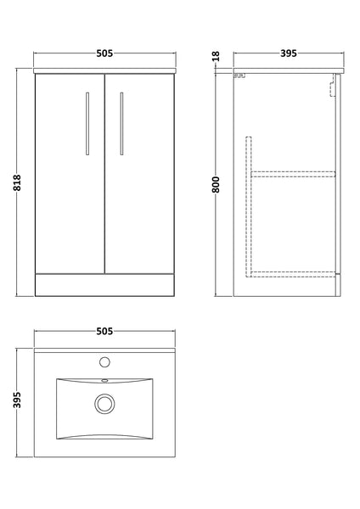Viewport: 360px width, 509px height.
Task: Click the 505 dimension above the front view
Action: tap(104, 53)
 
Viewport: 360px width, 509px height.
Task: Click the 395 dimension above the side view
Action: tap(287, 53)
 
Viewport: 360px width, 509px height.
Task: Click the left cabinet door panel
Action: tap(70, 178)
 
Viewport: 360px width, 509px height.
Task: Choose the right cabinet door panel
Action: tap(139, 178)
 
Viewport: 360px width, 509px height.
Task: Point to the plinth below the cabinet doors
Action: tap(104, 284)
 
